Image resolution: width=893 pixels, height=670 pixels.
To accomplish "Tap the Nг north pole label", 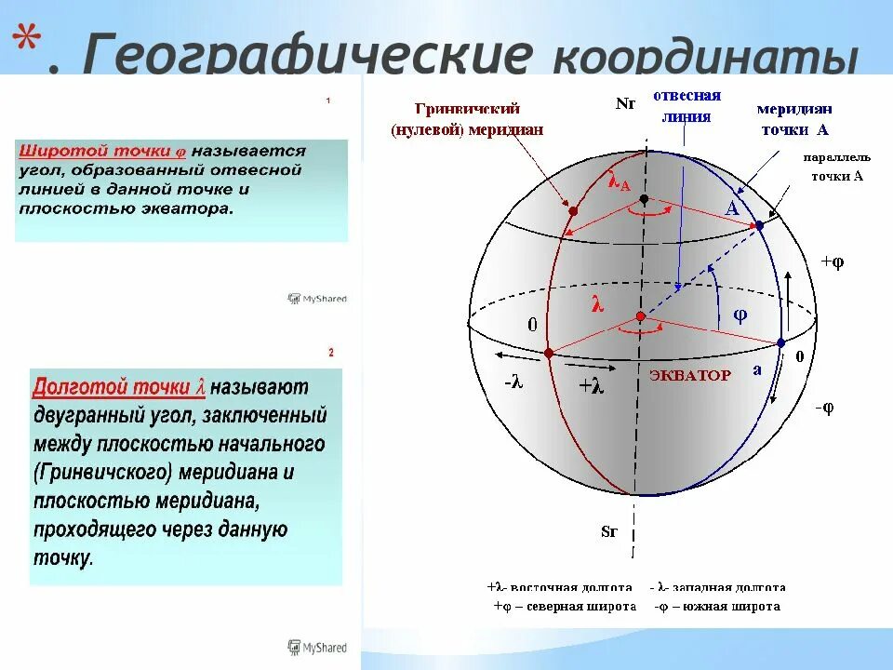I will [x=625, y=104].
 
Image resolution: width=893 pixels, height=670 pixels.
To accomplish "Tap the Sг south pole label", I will [x=609, y=532].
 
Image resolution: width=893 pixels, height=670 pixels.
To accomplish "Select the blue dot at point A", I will [x=759, y=225].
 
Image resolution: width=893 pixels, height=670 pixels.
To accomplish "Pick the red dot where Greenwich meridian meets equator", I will [x=549, y=353].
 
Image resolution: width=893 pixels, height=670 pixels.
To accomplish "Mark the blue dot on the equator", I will [x=780, y=342].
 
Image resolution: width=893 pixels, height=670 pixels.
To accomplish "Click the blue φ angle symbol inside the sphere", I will [x=740, y=315].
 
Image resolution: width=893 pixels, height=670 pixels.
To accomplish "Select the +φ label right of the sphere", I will [x=832, y=262].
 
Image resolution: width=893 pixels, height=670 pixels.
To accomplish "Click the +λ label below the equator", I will [x=591, y=386].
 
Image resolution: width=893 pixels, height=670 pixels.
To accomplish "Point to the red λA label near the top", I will [x=620, y=182].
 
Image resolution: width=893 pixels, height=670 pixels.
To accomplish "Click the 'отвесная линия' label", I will [x=686, y=106].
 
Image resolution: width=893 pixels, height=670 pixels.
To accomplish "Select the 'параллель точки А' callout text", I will [x=833, y=167].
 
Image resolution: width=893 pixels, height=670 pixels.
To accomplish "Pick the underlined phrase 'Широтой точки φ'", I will [x=101, y=150].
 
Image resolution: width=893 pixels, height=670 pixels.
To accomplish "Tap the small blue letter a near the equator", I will [x=757, y=368].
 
